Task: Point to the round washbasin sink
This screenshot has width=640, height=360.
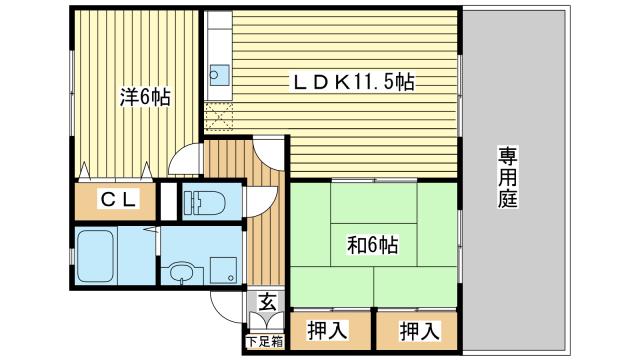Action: pyautogui.click(x=181, y=271)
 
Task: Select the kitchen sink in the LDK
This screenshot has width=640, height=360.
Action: pyautogui.click(x=219, y=74)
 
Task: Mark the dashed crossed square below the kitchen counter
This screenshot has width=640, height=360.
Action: pyautogui.click(x=218, y=118)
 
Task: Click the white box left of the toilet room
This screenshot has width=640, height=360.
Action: pyautogui.click(x=167, y=201)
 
